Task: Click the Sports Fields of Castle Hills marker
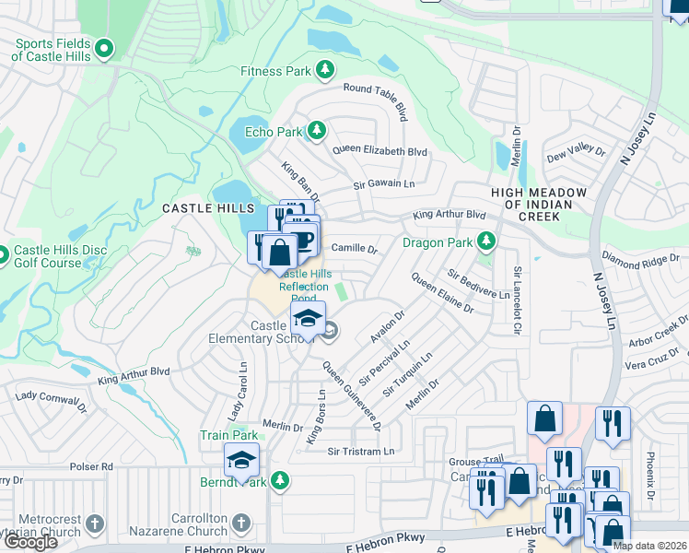[104, 47]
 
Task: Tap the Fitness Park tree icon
[324, 70]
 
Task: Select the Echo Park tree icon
[316, 131]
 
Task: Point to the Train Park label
[229, 435]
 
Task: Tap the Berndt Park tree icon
[280, 481]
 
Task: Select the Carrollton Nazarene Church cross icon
[240, 524]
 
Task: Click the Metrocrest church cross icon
[95, 524]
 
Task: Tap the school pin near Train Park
[241, 460]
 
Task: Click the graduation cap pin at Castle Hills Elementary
[308, 319]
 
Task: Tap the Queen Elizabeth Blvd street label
[380, 150]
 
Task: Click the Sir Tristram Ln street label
[360, 452]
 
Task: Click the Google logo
[30, 541]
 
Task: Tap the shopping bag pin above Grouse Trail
[544, 418]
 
